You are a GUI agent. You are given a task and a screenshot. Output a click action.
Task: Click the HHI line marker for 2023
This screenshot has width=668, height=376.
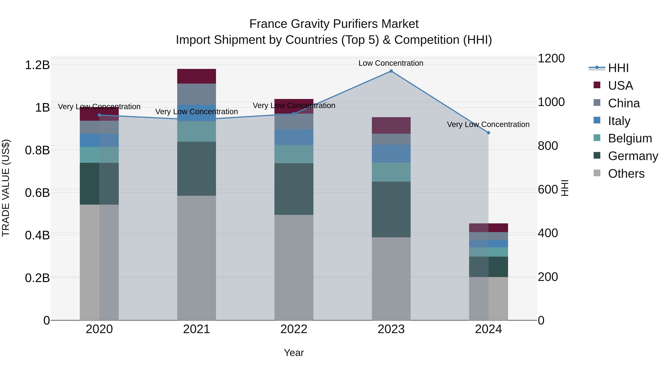pyautogui.click(x=391, y=71)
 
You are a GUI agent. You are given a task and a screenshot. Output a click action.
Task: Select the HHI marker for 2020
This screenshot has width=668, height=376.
pyautogui.click(x=99, y=115)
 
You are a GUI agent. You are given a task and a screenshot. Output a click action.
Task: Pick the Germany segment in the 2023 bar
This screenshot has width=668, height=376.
pyautogui.click(x=391, y=209)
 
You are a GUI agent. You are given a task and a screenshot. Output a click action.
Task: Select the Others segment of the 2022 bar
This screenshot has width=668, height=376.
pyautogui.click(x=294, y=267)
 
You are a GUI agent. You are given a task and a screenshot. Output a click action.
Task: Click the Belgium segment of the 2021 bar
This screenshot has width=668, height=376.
pyautogui.click(x=197, y=132)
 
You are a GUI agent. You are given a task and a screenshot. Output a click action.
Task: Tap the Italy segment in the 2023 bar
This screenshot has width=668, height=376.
pyautogui.click(x=391, y=154)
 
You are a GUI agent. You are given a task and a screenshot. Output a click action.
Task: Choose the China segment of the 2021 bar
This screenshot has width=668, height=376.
pyautogui.click(x=197, y=94)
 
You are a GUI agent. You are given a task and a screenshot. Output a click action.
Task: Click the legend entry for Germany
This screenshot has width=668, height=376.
pyautogui.click(x=633, y=156)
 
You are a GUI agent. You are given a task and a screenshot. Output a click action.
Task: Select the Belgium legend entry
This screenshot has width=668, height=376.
pyautogui.click(x=630, y=138)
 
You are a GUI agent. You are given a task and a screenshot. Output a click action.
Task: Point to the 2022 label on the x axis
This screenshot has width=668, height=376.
pyautogui.click(x=294, y=329)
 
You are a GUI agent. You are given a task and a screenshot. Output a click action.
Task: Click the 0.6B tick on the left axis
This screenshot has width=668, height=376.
pyautogui.click(x=37, y=193)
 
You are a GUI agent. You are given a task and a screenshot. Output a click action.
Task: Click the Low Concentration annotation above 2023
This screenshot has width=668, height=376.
pyautogui.click(x=391, y=63)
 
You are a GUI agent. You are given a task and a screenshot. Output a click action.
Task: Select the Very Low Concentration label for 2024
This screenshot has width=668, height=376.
pyautogui.click(x=488, y=125)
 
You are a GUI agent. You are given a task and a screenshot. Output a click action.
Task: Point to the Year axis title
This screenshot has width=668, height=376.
pyautogui.click(x=294, y=353)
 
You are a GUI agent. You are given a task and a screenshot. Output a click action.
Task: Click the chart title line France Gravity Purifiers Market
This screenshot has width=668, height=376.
pyautogui.click(x=334, y=24)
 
